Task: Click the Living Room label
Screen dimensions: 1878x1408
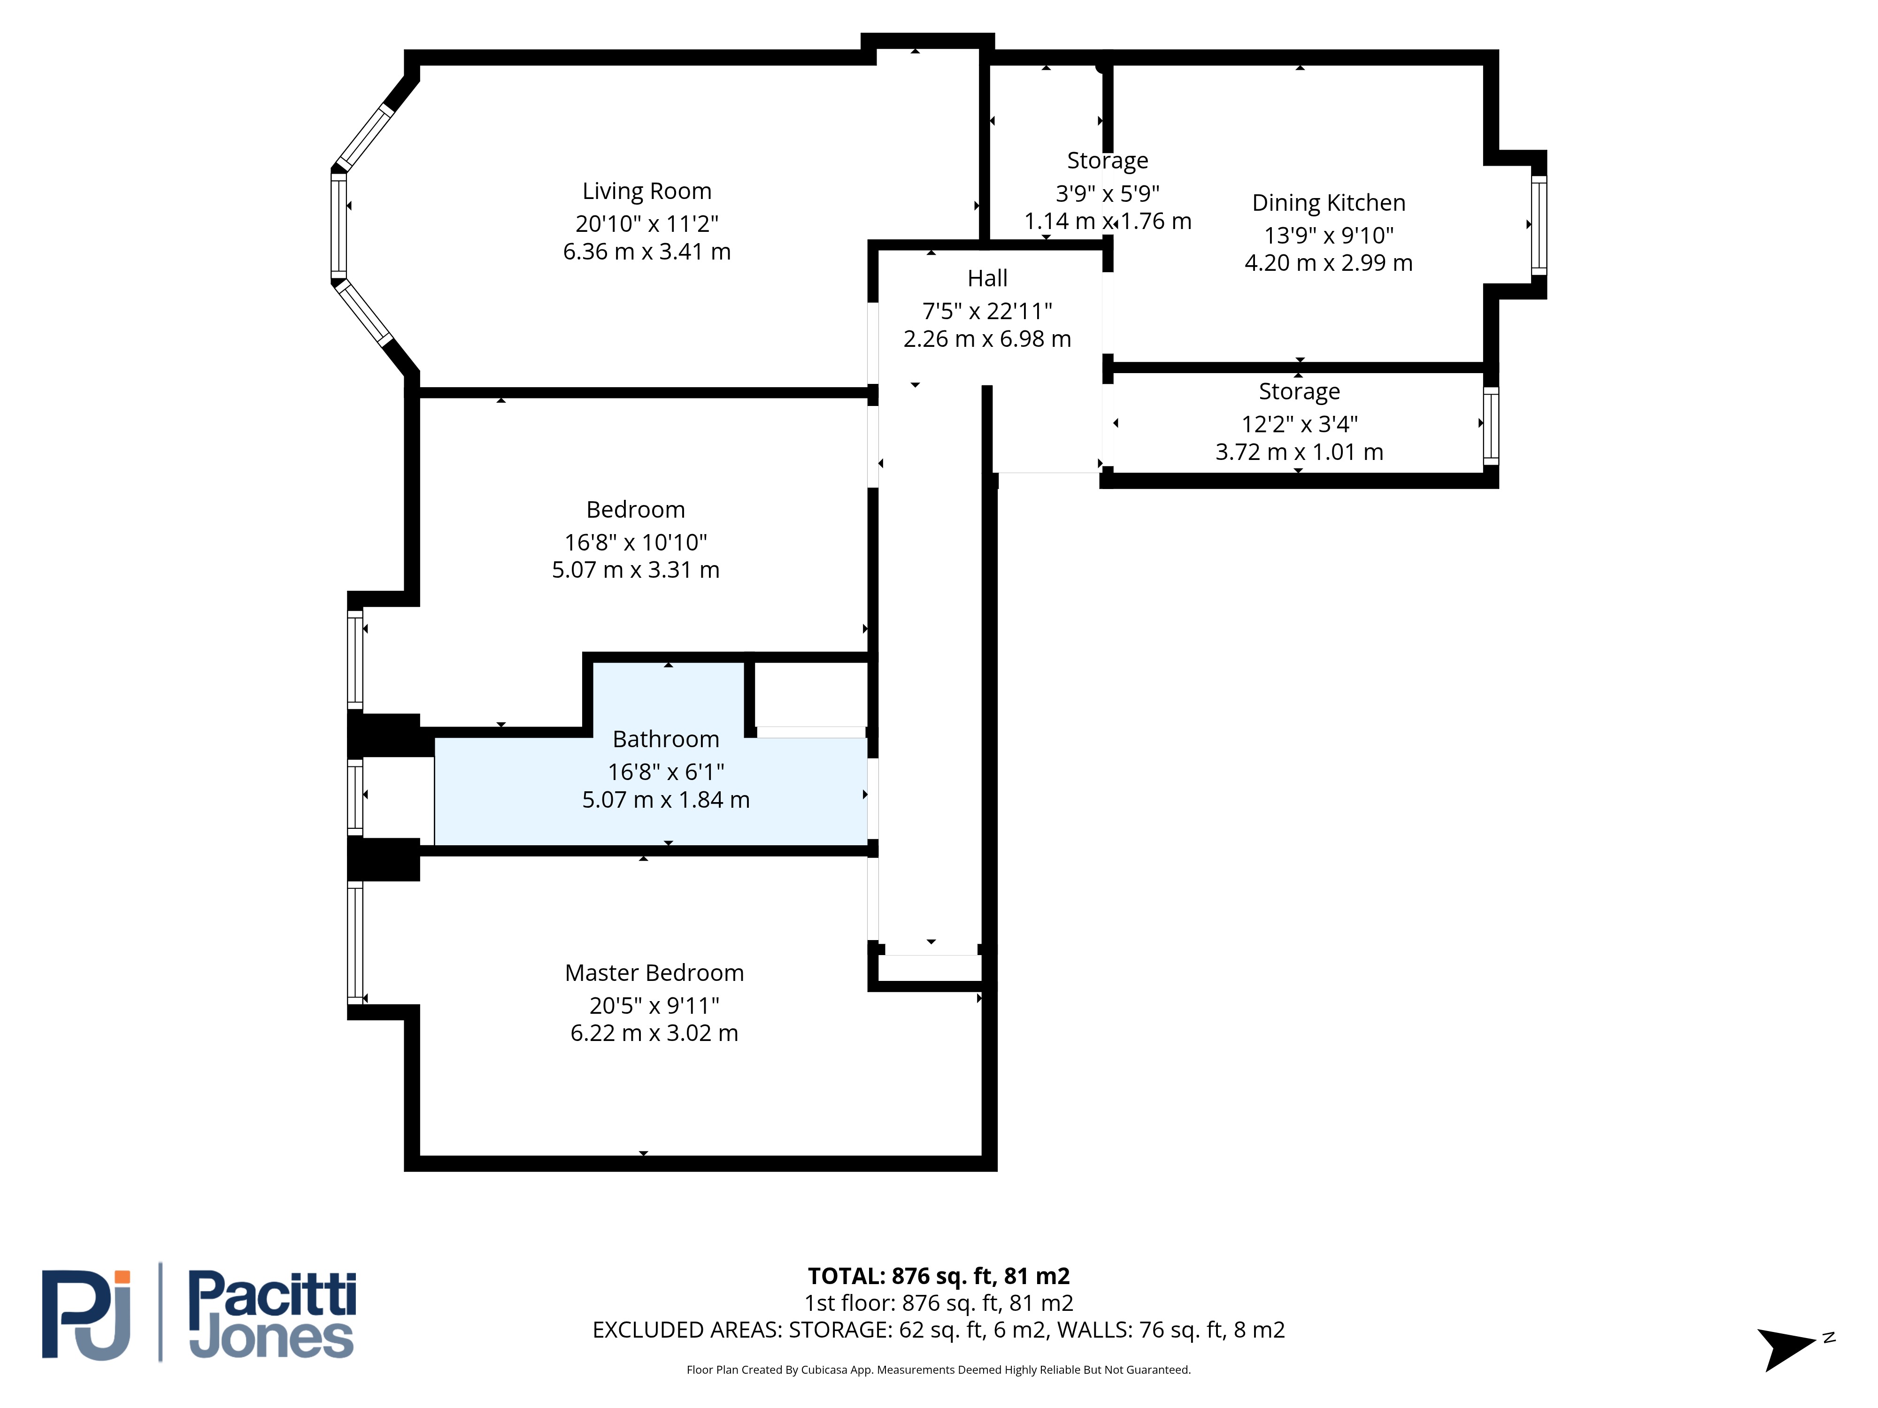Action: [647, 191]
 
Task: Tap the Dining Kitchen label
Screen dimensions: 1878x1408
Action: [1329, 203]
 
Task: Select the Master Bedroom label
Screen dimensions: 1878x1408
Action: [654, 972]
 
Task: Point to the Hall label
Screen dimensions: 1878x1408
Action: [987, 278]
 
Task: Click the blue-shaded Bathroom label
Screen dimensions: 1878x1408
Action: [666, 739]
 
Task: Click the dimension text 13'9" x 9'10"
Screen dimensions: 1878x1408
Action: [1329, 235]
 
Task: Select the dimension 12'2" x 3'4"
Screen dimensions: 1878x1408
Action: [1299, 423]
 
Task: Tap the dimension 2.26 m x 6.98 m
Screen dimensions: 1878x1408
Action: [987, 339]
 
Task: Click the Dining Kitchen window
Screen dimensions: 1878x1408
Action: [1539, 225]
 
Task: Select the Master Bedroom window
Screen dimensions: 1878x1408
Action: [355, 942]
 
